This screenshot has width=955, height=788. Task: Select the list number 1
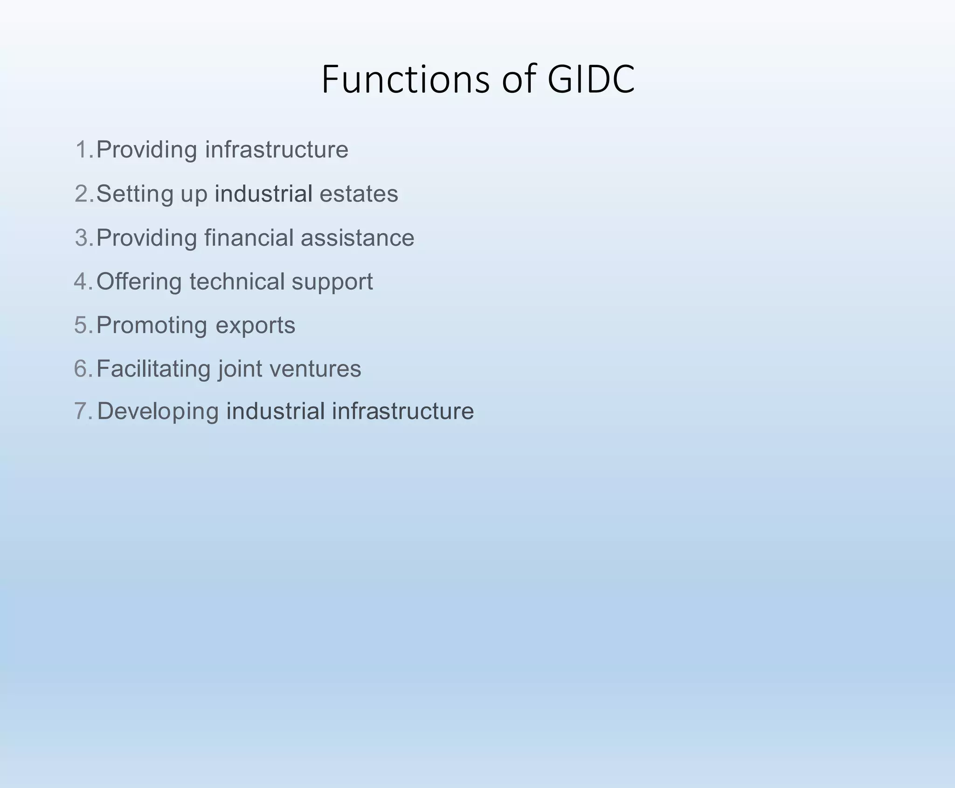click(83, 150)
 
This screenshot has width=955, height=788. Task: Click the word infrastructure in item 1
click(277, 150)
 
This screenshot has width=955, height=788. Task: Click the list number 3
click(83, 237)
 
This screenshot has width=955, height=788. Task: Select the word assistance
click(357, 237)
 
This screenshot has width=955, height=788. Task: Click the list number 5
click(83, 325)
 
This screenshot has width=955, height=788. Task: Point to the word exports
click(255, 326)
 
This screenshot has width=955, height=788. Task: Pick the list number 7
click(83, 411)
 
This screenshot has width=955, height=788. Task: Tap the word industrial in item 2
click(263, 194)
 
